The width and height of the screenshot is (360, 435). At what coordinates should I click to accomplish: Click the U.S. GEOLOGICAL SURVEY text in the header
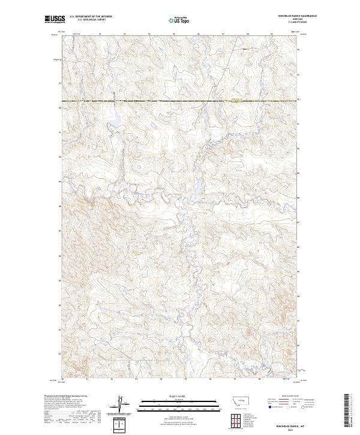tap(91, 20)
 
